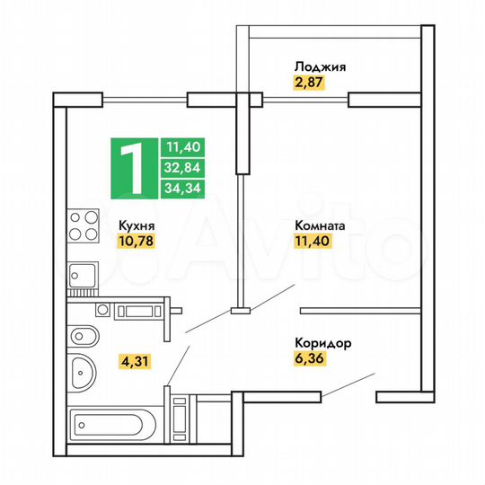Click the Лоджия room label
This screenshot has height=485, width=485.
(319, 66)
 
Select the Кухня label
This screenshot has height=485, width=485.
(136, 227)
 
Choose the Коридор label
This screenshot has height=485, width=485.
(322, 342)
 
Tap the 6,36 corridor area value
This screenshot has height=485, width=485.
(308, 358)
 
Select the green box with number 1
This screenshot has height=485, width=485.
(133, 168)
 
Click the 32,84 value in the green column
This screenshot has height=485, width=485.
(181, 167)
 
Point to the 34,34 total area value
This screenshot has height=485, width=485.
(181, 188)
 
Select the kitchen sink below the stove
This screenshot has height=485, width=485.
(84, 274)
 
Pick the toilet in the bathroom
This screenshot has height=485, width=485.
(84, 337)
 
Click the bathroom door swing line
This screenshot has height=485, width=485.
(178, 366)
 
